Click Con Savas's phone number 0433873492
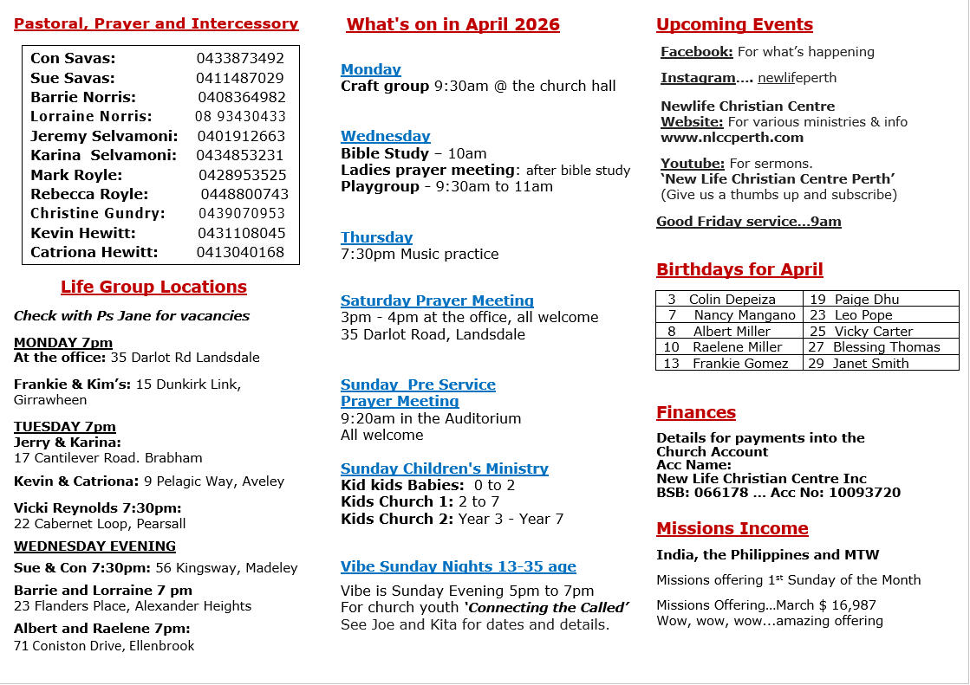click(240, 59)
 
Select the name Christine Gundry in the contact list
click(97, 213)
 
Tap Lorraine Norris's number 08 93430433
click(240, 116)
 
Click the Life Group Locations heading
click(153, 288)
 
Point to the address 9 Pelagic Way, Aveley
click(214, 481)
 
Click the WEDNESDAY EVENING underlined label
click(94, 546)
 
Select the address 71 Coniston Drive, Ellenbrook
click(104, 645)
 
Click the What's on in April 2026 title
click(452, 25)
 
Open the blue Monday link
click(370, 70)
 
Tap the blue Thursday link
click(376, 238)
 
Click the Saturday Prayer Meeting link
click(437, 301)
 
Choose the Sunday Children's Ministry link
click(444, 469)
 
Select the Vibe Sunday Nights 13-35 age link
click(458, 567)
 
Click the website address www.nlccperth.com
click(730, 138)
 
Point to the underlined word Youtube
click(693, 164)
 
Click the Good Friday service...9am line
click(748, 222)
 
